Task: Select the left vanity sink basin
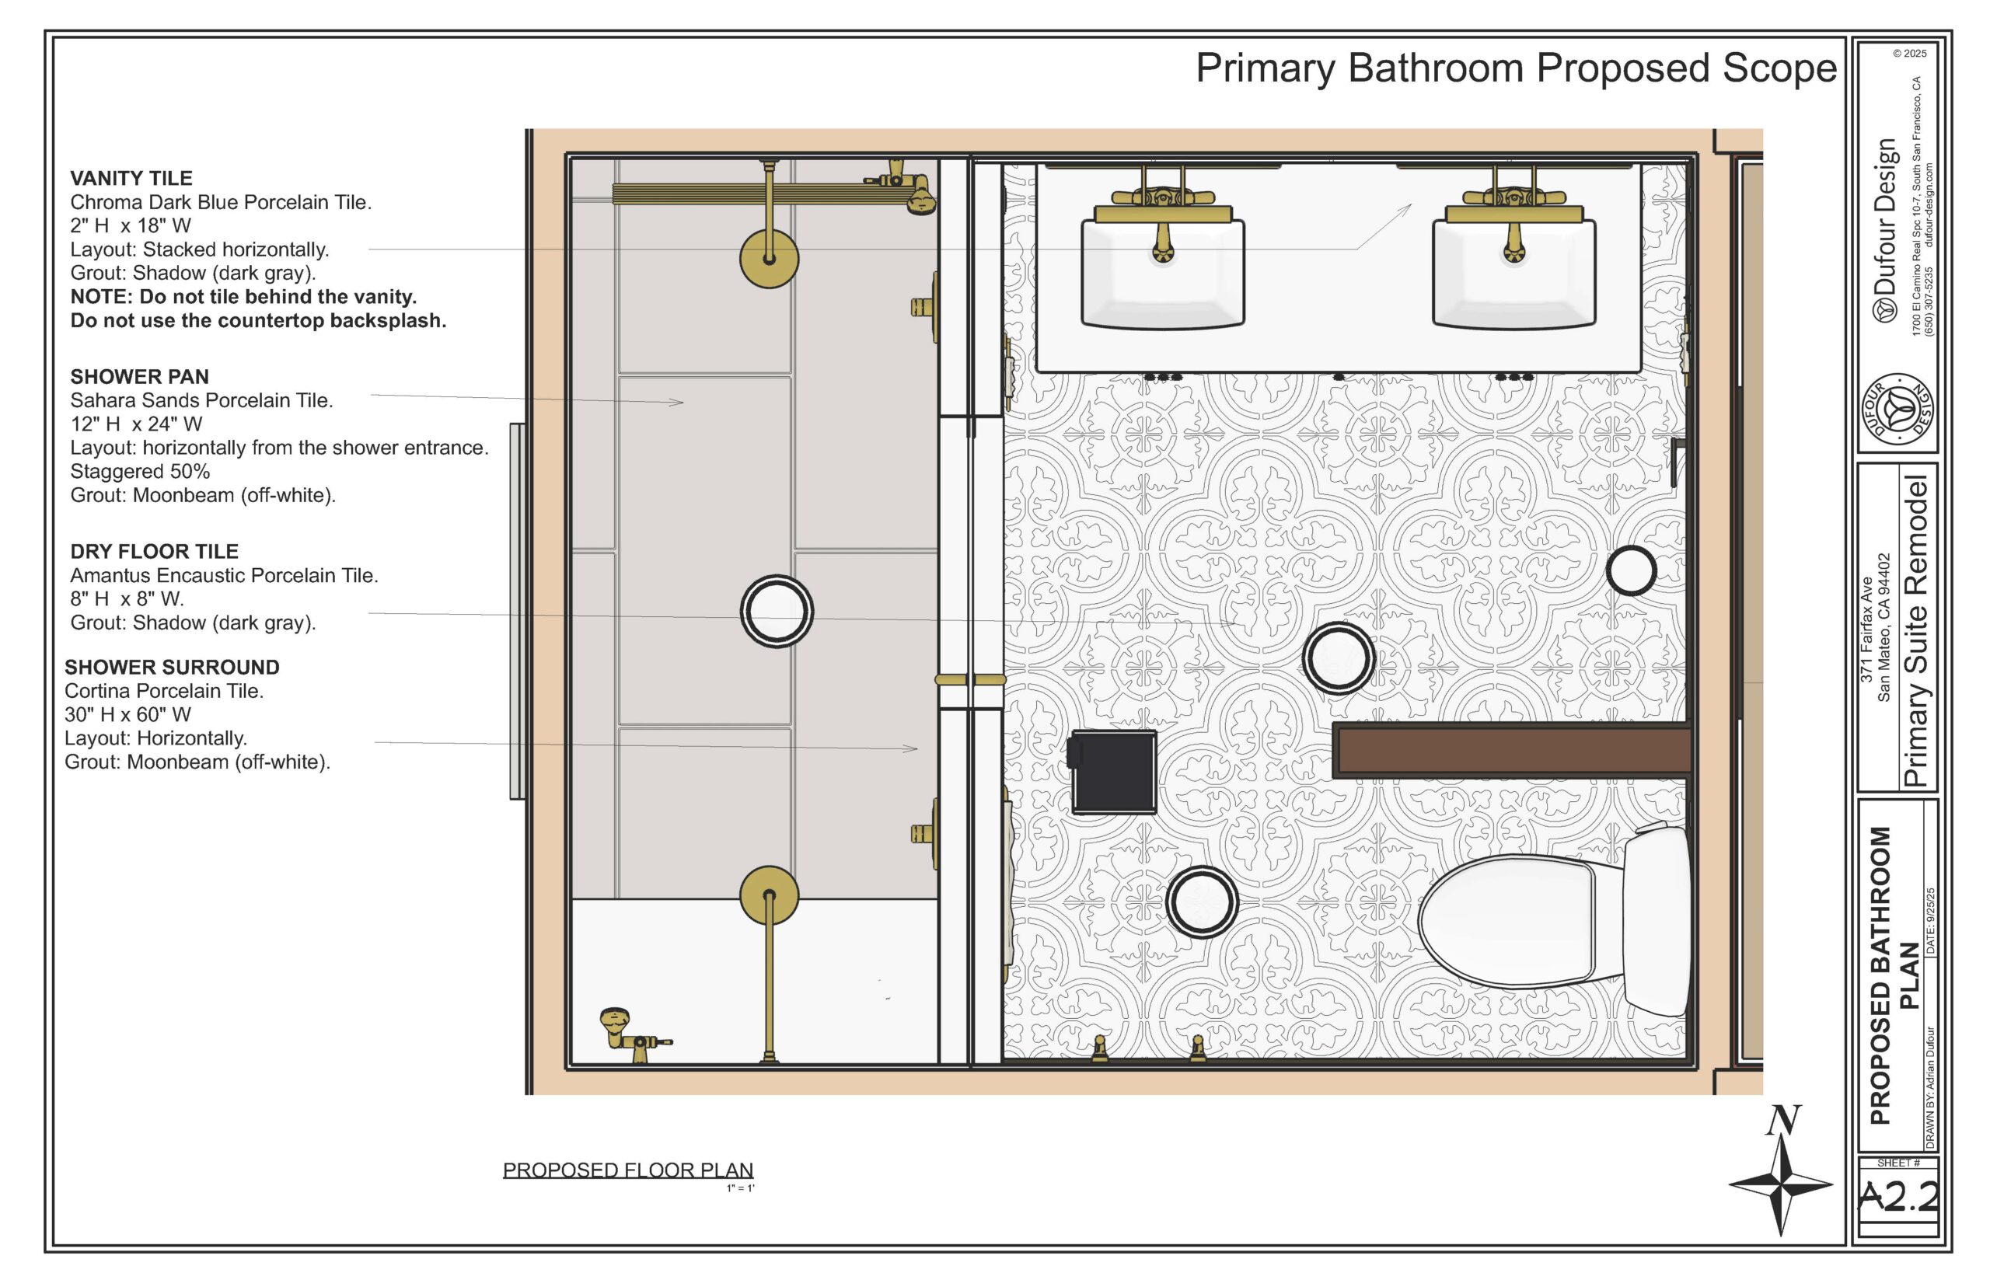(x=1163, y=273)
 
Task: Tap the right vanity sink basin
(x=1513, y=273)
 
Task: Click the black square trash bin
(x=1112, y=772)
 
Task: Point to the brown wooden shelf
(x=1512, y=751)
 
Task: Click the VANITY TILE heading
(x=131, y=178)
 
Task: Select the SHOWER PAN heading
(x=140, y=377)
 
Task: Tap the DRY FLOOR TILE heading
(x=155, y=552)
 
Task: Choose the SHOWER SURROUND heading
(x=172, y=667)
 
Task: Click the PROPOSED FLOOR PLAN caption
(x=627, y=1170)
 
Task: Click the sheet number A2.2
(x=1897, y=1197)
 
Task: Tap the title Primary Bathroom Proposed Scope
(x=1516, y=68)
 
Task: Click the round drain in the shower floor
(x=777, y=611)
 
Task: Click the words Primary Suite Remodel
(x=1915, y=631)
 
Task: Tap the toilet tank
(x=1657, y=919)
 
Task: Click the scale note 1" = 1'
(x=741, y=1188)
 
